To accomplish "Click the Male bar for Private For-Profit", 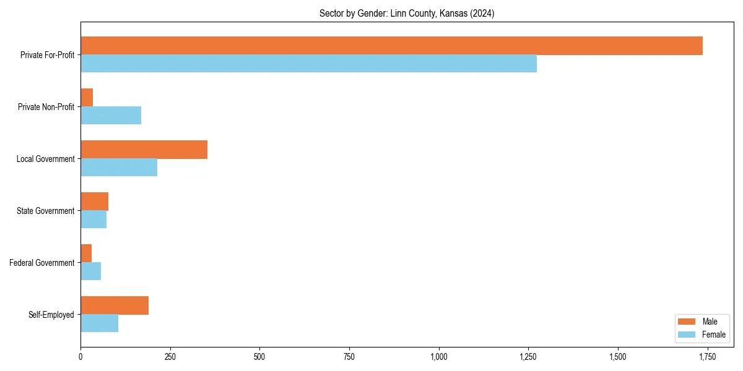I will pos(391,46).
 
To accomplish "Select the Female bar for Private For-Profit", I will pos(308,64).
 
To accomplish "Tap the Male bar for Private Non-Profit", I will pos(87,98).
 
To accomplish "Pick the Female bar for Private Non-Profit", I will pos(111,116).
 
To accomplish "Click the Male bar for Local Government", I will pos(144,150).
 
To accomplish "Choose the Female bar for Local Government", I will pos(119,168).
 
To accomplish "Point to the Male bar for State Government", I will pos(94,202).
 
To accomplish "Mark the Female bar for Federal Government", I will pos(90,271).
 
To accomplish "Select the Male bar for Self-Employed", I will pos(115,305).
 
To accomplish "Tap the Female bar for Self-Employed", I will pos(99,323).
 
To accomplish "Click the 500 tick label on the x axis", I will pos(259,357).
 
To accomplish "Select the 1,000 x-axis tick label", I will pos(438,357).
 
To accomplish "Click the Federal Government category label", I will pos(42,263).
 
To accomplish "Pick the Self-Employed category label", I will pos(51,315).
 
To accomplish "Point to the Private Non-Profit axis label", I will pos(46,107).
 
